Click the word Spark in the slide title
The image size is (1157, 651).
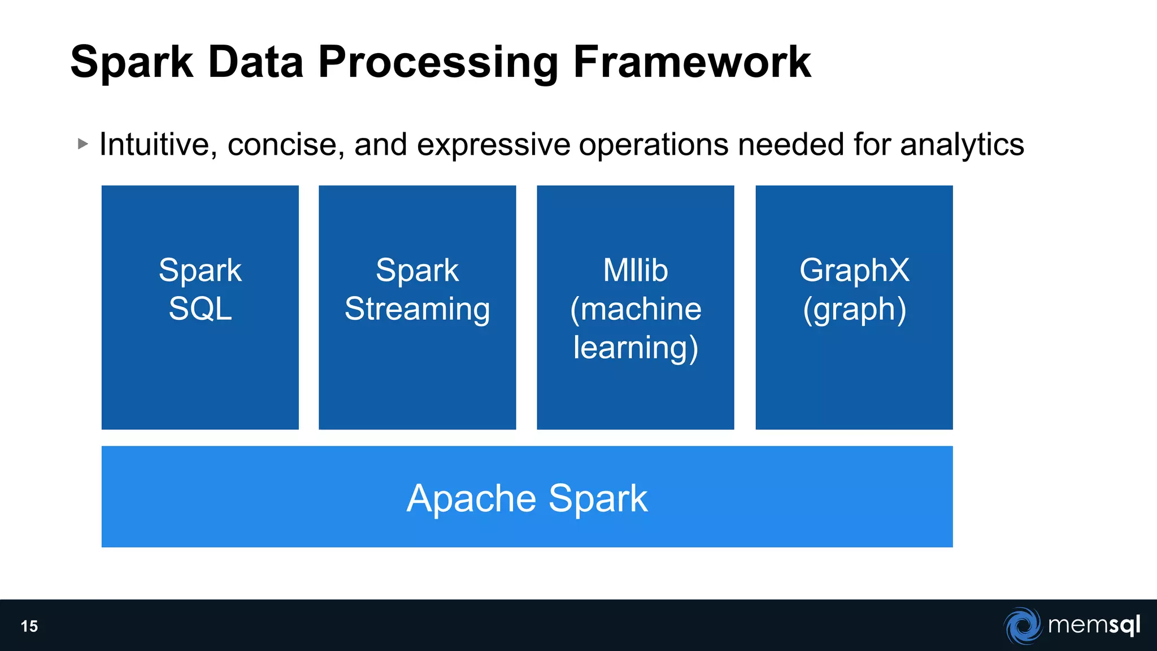click(x=131, y=62)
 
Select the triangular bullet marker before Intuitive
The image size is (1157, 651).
click(x=83, y=144)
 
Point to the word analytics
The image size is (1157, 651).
click(x=962, y=145)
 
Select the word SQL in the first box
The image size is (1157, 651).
click(x=200, y=309)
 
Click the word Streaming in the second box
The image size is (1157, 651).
click(x=417, y=310)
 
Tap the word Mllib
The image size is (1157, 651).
click(x=635, y=270)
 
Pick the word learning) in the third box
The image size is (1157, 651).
click(x=636, y=348)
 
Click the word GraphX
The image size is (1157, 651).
click(x=854, y=270)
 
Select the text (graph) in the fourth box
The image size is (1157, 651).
click(x=854, y=310)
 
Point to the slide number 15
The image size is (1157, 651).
click(x=29, y=626)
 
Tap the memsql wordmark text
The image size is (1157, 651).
click(x=1094, y=625)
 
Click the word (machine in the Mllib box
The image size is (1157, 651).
click(x=636, y=310)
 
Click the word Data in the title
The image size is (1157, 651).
click(x=255, y=62)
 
